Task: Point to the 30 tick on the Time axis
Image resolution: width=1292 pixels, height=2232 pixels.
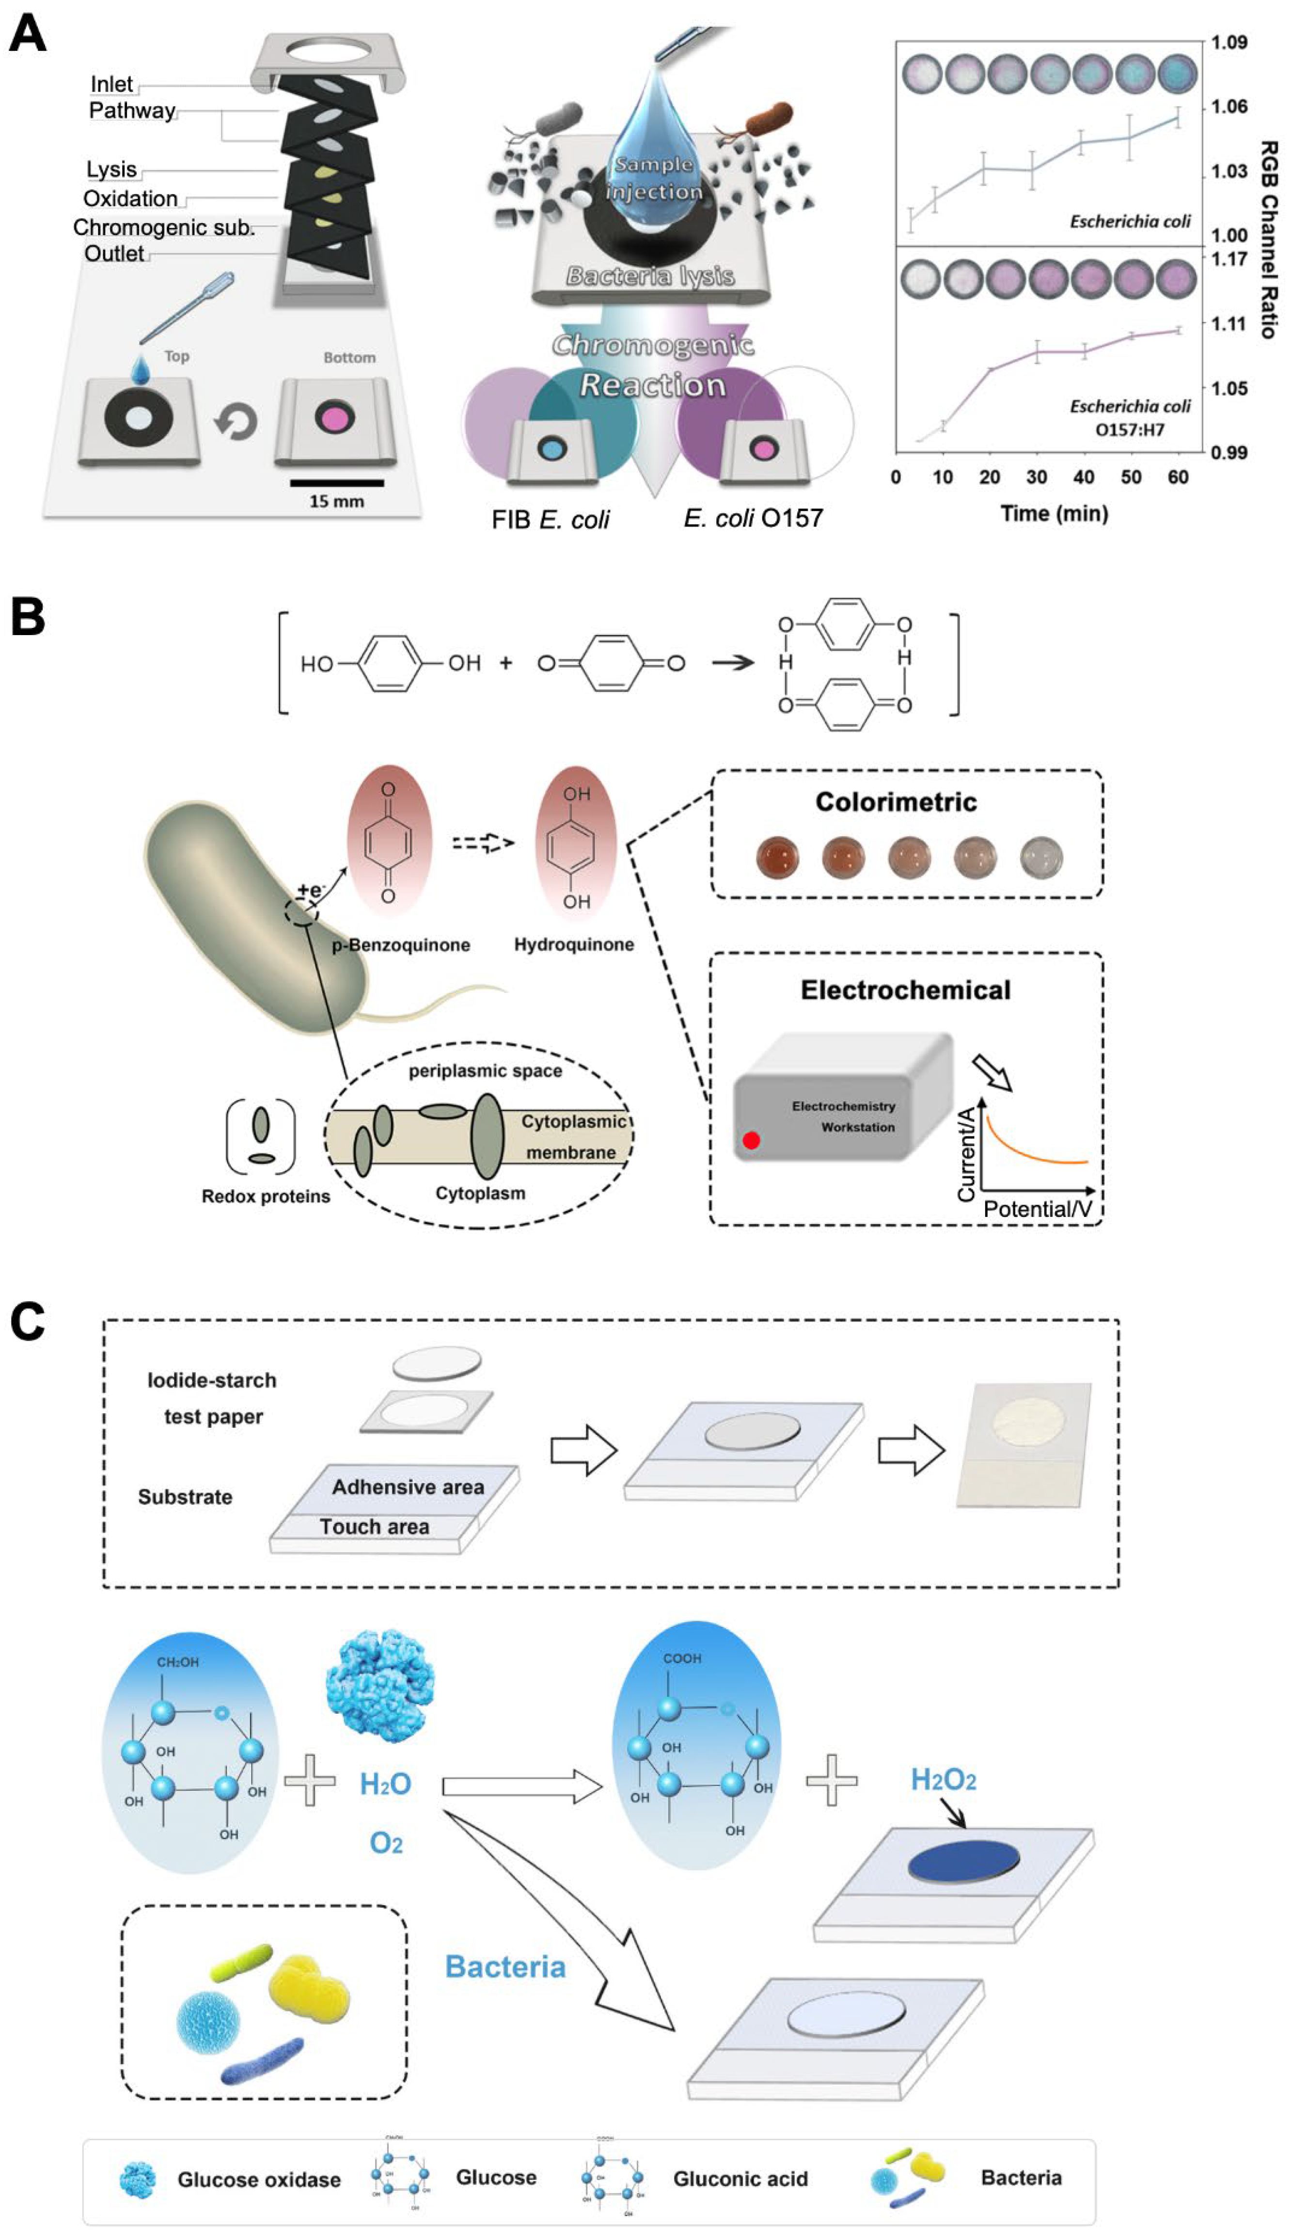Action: click(1036, 478)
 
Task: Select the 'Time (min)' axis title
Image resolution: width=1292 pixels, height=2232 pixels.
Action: click(1054, 514)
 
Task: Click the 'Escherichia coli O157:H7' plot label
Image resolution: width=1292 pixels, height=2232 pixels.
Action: click(1129, 417)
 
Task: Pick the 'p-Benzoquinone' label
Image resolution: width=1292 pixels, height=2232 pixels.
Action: click(400, 945)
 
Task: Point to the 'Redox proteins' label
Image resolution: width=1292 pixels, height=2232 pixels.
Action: click(266, 1196)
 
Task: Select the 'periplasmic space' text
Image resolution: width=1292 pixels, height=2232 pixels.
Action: click(485, 1071)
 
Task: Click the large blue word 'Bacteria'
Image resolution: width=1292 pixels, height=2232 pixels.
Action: click(505, 1967)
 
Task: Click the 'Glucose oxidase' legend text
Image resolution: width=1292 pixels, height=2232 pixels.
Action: click(259, 2180)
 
